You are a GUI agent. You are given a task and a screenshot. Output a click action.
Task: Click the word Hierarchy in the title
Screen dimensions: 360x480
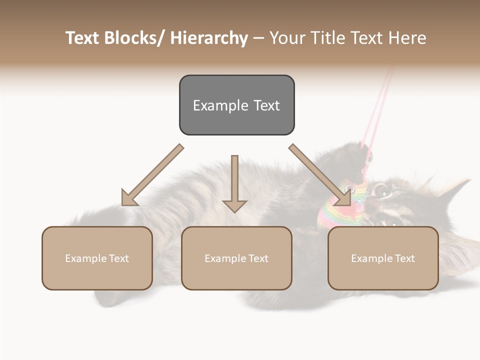click(x=209, y=38)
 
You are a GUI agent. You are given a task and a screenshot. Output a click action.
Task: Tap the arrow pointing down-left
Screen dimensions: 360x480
click(x=152, y=175)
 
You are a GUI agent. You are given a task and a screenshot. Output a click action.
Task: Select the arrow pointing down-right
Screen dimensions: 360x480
click(x=320, y=175)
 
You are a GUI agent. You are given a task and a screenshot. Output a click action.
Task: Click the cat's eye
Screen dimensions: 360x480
click(x=382, y=189)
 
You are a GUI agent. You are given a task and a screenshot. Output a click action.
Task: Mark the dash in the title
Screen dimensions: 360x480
click(x=258, y=38)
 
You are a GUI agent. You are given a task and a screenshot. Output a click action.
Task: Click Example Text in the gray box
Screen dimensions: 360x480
click(x=236, y=105)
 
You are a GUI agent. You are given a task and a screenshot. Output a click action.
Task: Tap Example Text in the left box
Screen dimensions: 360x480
click(x=97, y=258)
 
